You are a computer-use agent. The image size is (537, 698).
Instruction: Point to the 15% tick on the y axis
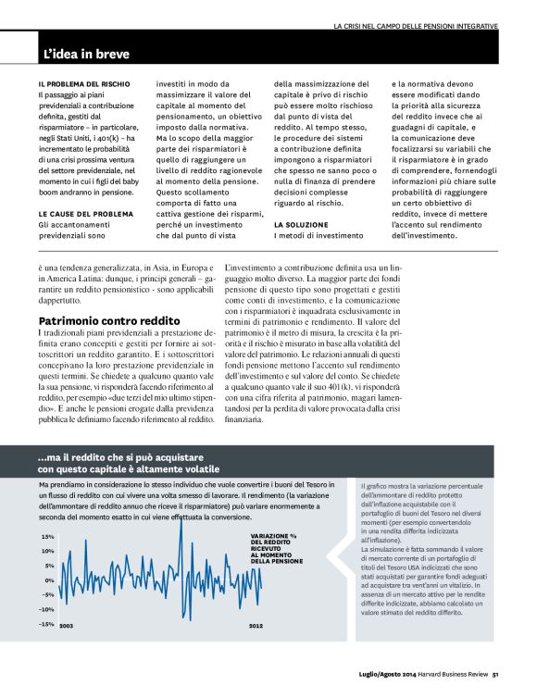(x=47, y=536)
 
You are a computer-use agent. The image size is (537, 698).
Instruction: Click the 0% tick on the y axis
(x=49, y=580)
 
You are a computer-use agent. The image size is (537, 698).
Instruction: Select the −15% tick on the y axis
(x=45, y=624)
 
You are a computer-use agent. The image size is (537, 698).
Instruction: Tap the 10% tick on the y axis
(x=47, y=551)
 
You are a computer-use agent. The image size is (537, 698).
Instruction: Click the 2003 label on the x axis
(x=66, y=627)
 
